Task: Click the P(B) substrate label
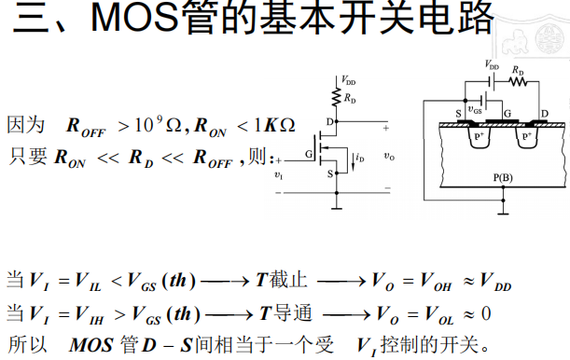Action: click(503, 177)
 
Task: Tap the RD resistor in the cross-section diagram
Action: click(519, 80)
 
